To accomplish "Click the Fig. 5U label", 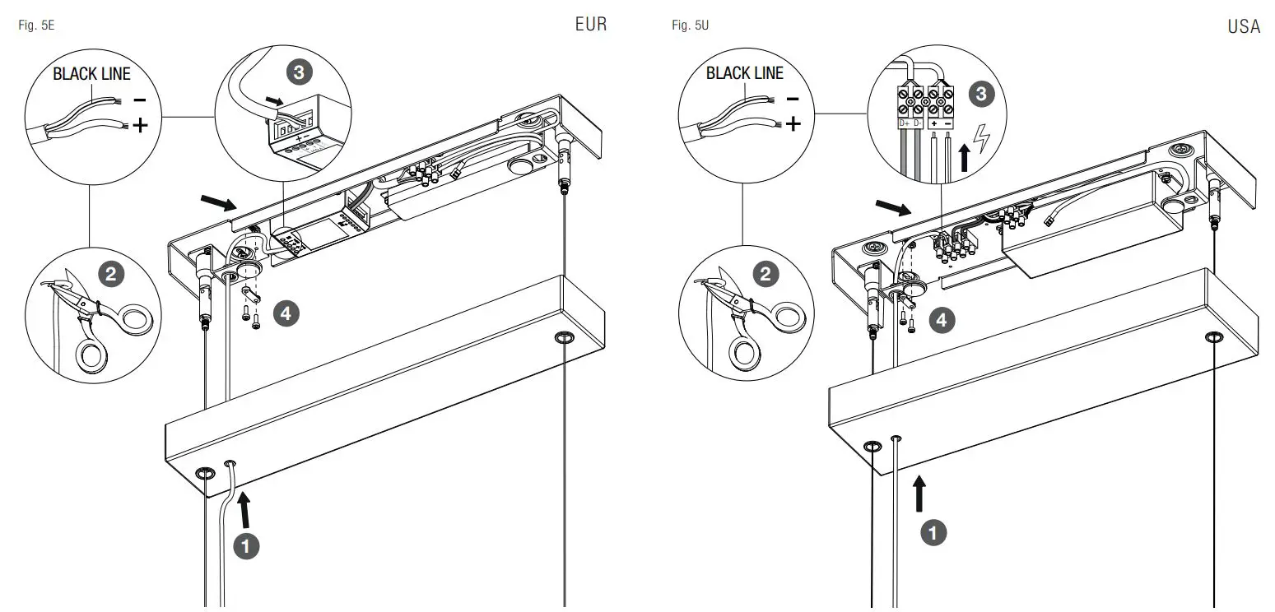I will [x=690, y=26].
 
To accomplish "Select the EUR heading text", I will [x=590, y=25].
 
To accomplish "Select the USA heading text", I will [x=1243, y=27].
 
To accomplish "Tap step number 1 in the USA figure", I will [x=932, y=533].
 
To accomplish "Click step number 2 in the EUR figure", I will [x=110, y=273].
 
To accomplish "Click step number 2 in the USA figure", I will [x=765, y=274].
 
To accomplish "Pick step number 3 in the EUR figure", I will [x=299, y=72].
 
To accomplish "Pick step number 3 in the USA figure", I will [x=980, y=94].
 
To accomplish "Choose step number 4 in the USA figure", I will [x=942, y=319].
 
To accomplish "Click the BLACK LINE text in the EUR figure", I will [x=91, y=74].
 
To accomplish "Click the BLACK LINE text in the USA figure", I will [x=744, y=73].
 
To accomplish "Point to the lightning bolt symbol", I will [x=981, y=140].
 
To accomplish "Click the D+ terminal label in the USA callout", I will [x=904, y=123].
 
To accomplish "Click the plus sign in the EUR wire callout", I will [x=141, y=125].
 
